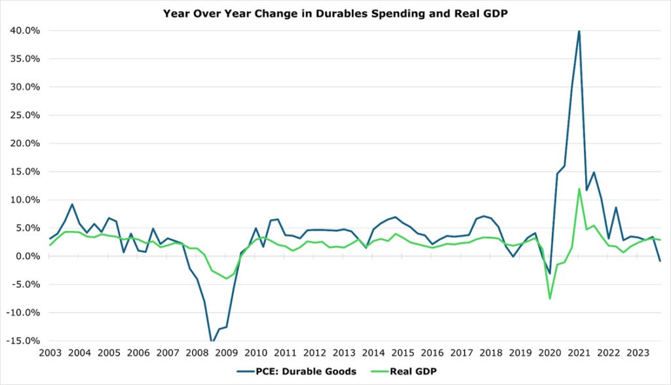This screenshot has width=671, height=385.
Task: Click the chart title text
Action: [335, 12]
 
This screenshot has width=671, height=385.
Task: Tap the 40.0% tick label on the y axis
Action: [25, 30]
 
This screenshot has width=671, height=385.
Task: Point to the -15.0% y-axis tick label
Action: [23, 340]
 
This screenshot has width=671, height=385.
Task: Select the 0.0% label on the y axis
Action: [28, 256]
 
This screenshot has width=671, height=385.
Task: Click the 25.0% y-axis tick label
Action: [25, 115]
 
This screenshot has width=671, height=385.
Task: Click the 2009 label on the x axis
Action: [227, 352]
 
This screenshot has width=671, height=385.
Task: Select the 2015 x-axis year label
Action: [403, 352]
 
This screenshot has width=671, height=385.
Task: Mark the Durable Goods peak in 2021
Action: [579, 31]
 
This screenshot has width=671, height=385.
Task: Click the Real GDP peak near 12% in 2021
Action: [579, 189]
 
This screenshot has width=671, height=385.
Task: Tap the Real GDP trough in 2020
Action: [550, 299]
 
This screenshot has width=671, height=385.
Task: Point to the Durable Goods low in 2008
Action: [212, 341]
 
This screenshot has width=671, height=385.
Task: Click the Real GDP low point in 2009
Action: [227, 278]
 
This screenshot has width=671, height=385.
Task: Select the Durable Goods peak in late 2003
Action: [72, 204]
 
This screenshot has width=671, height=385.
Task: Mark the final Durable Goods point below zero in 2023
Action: [660, 261]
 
